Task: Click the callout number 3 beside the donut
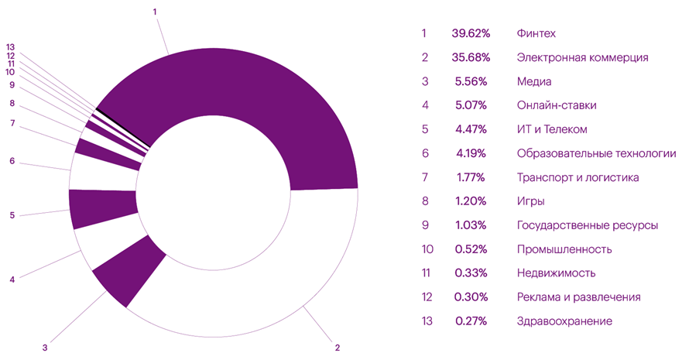pyautogui.click(x=45, y=348)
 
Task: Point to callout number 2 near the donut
pyautogui.click(x=338, y=348)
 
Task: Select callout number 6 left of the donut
pyautogui.click(x=12, y=161)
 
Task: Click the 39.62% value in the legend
pyautogui.click(x=468, y=33)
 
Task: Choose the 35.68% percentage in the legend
pyautogui.click(x=468, y=57)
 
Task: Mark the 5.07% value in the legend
pyautogui.click(x=468, y=105)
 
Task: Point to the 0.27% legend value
pyautogui.click(x=468, y=321)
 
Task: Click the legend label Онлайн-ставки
pyautogui.click(x=556, y=105)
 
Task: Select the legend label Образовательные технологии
pyautogui.click(x=591, y=153)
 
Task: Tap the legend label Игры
pyautogui.click(x=530, y=201)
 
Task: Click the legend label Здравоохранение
pyautogui.click(x=564, y=321)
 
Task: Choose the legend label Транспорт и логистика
pyautogui.click(x=578, y=177)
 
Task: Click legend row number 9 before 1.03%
pyautogui.click(x=424, y=225)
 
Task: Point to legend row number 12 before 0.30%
pyautogui.click(x=424, y=297)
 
